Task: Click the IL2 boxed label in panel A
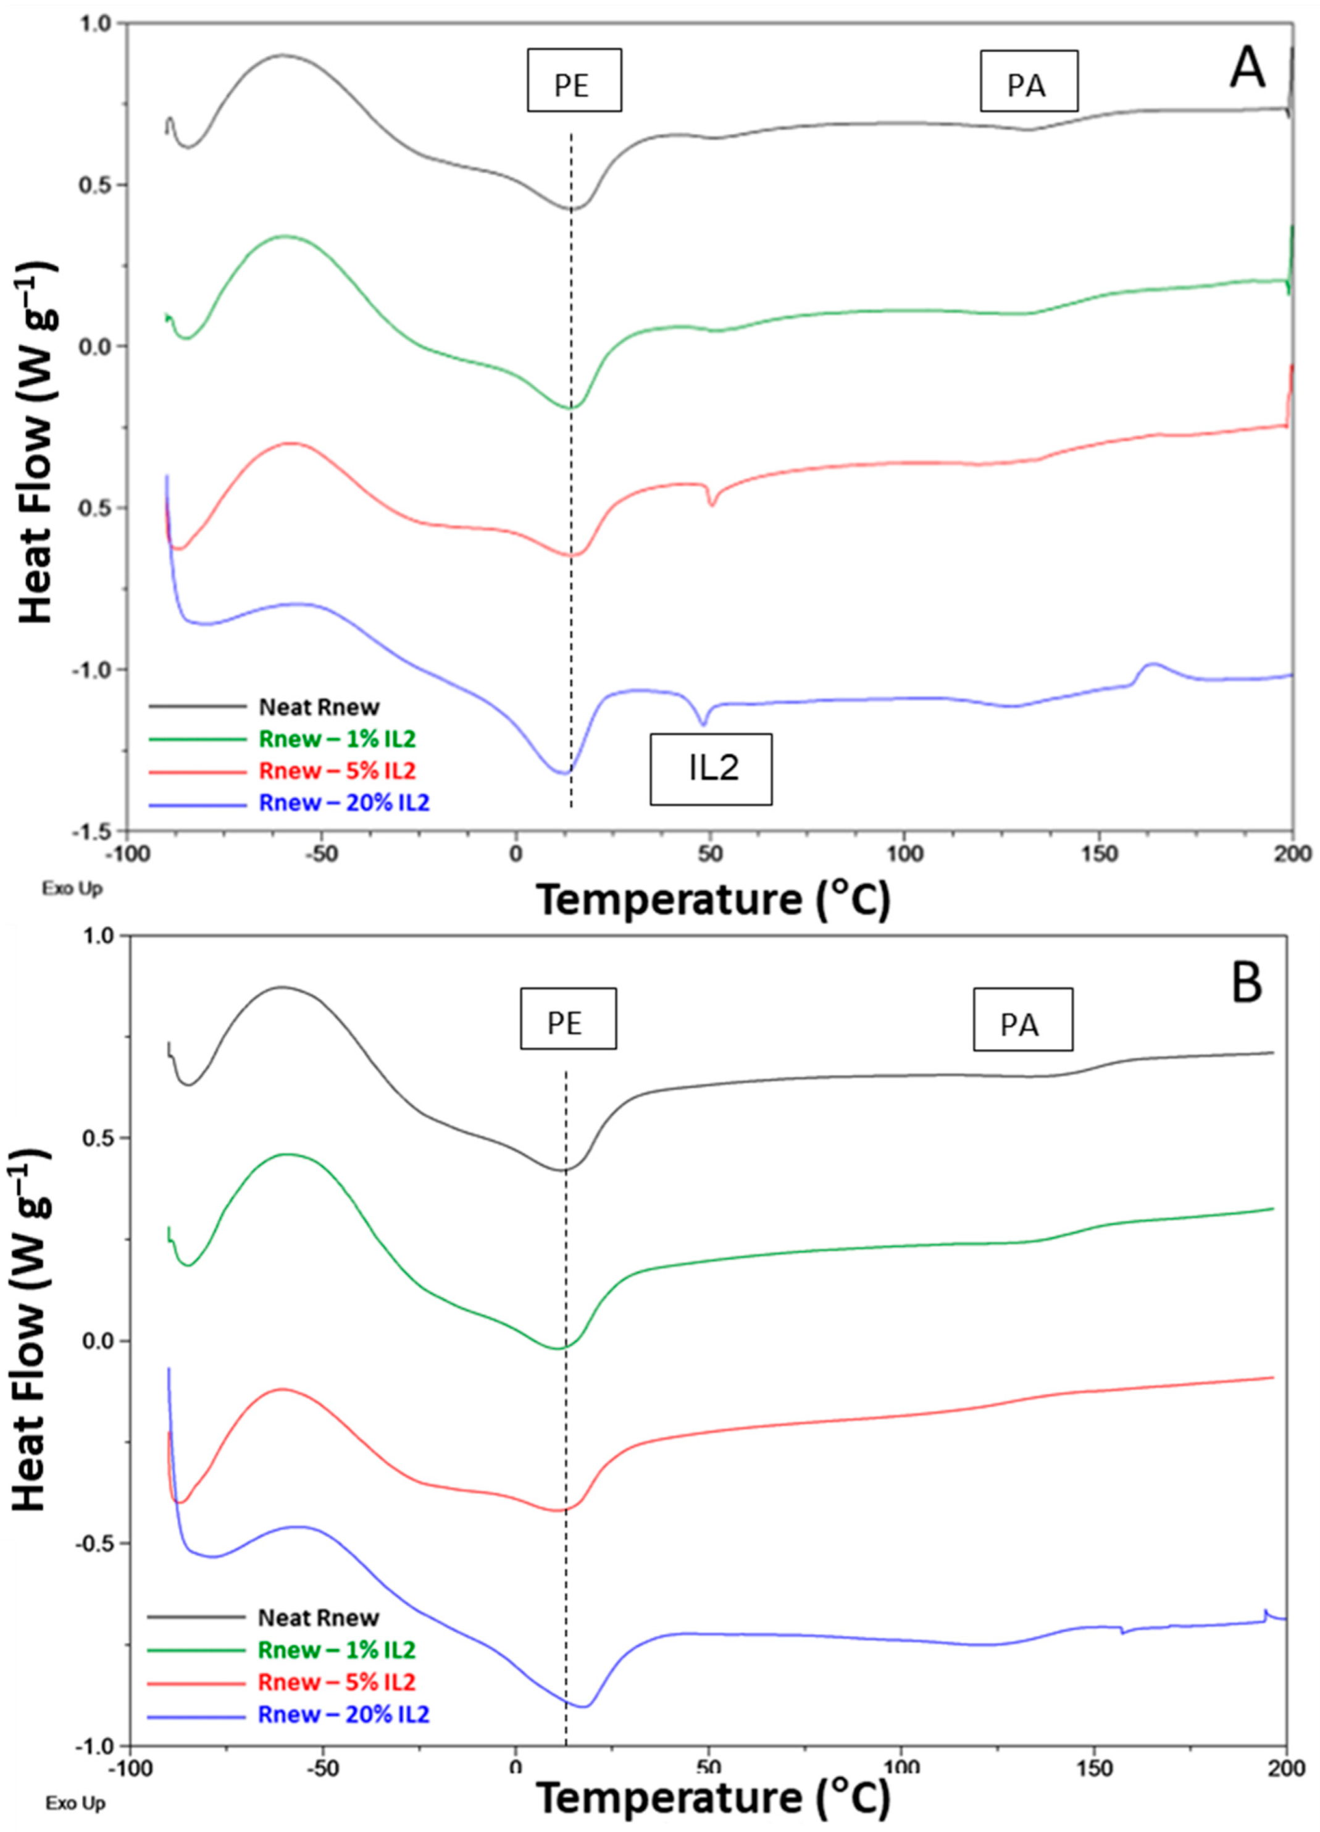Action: click(711, 768)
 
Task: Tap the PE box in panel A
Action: click(574, 80)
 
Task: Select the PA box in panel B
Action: click(1022, 1019)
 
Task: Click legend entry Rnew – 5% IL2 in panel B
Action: click(336, 1682)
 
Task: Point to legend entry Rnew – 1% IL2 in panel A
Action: click(336, 738)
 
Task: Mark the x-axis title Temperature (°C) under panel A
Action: click(713, 899)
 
